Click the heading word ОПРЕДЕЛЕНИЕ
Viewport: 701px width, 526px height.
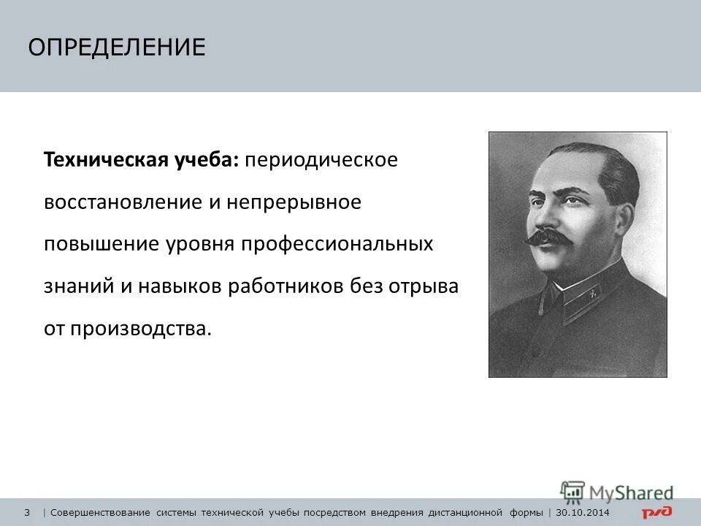tap(117, 47)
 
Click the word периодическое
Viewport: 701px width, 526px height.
tap(321, 160)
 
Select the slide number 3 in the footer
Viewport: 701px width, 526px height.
tap(27, 511)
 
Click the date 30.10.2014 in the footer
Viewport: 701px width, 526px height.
tap(582, 511)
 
